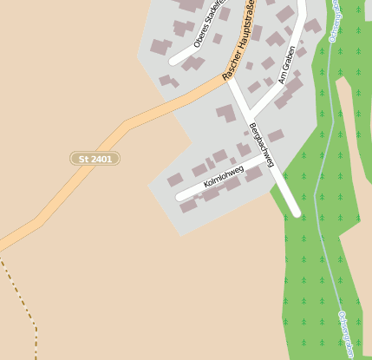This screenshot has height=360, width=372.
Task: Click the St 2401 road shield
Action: [95, 159]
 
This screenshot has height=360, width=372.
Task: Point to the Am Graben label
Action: [288, 64]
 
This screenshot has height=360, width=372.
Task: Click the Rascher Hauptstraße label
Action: [239, 43]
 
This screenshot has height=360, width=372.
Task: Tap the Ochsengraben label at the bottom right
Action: [349, 335]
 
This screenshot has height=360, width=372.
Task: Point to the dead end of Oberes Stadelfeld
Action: [173, 61]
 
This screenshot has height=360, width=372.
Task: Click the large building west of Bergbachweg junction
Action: [226, 113]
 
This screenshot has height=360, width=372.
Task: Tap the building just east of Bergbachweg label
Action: [276, 136]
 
